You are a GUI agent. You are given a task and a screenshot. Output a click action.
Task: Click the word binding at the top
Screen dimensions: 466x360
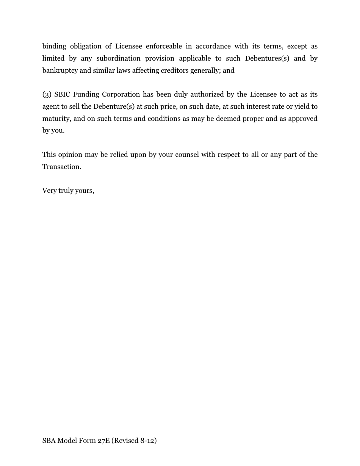click(x=54, y=46)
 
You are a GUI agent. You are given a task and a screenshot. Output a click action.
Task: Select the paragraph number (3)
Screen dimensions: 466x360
click(x=47, y=94)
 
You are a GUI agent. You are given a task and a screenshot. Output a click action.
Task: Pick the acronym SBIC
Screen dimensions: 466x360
click(x=62, y=94)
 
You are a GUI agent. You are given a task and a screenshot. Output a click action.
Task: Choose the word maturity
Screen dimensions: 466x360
click(x=56, y=119)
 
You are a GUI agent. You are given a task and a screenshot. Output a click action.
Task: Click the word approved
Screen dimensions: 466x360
click(x=303, y=119)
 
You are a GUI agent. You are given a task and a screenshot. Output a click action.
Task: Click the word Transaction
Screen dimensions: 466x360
click(x=61, y=167)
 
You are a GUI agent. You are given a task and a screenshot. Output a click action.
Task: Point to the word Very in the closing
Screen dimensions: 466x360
click(x=49, y=191)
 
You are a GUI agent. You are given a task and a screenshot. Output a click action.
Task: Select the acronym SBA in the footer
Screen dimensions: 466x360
click(x=49, y=441)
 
